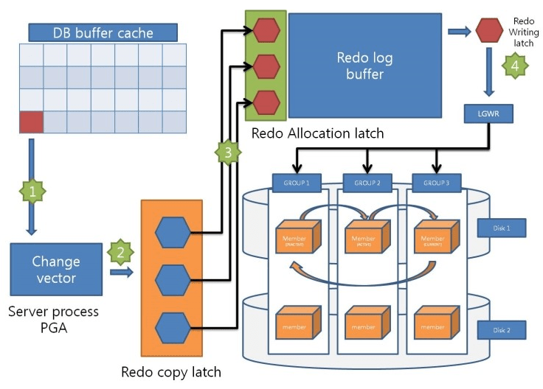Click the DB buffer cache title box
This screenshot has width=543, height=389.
coord(103,32)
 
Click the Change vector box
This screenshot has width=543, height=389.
coord(56,270)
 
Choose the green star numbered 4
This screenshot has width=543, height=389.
coord(516,66)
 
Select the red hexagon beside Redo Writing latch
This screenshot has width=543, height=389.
coord(489,31)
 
